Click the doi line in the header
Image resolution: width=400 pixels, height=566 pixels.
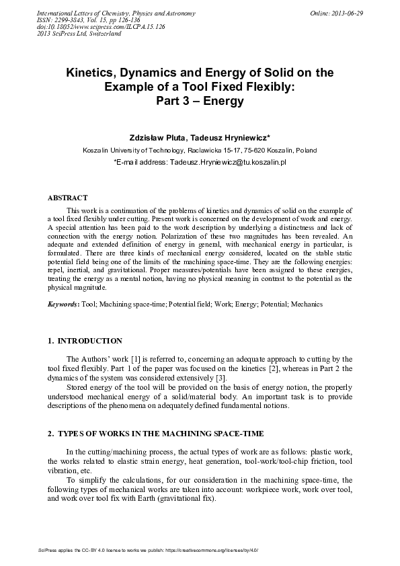pyautogui.click(x=100, y=26)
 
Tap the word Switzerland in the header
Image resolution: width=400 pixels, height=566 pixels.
pyautogui.click(x=102, y=33)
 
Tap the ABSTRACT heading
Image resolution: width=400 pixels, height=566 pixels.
pyautogui.click(x=67, y=198)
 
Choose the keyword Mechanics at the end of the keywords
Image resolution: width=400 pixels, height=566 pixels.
pyautogui.click(x=308, y=304)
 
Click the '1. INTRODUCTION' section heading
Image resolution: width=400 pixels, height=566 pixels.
pyautogui.click(x=85, y=341)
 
